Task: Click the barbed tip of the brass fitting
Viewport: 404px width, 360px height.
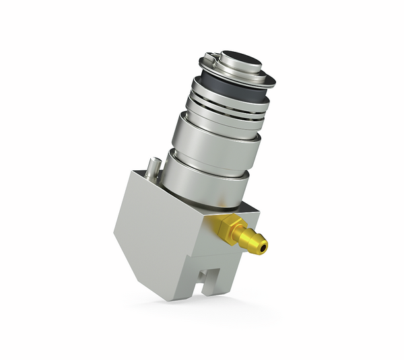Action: [x=255, y=244]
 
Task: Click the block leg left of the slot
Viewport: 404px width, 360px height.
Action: [x=193, y=283]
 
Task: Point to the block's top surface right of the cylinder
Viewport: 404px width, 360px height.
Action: [x=248, y=209]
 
